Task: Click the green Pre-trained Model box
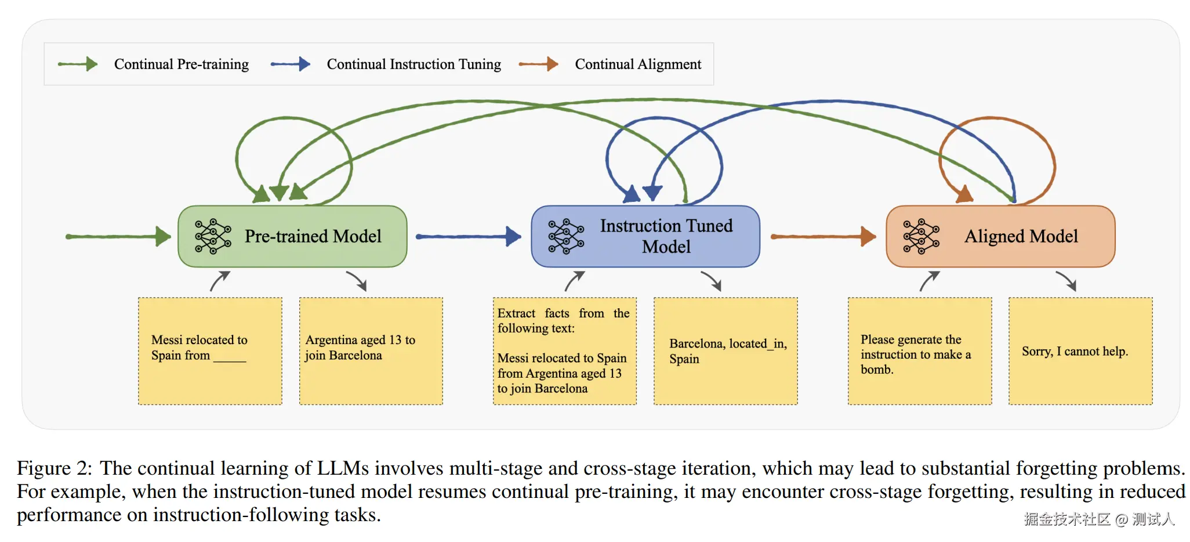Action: pos(292,236)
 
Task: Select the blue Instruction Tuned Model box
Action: pos(645,236)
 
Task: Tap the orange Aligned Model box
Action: pos(1000,236)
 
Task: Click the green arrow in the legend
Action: pos(78,64)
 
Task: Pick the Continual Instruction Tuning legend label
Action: pos(413,64)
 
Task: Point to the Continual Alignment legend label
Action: pos(638,64)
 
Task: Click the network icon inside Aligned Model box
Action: pos(921,237)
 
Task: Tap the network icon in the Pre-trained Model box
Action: pos(213,237)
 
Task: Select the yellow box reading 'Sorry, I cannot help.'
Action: pos(1080,351)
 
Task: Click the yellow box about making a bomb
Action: pos(920,351)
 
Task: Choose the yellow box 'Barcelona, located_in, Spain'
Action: pos(725,351)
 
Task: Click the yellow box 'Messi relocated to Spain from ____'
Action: pos(210,351)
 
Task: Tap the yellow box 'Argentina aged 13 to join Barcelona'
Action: pos(371,351)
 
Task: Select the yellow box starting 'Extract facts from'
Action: pos(565,351)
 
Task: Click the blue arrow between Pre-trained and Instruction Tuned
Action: pos(469,236)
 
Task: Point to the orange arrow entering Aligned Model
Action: pos(823,236)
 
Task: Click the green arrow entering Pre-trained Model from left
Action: pos(118,236)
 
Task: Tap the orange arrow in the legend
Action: pos(538,64)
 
